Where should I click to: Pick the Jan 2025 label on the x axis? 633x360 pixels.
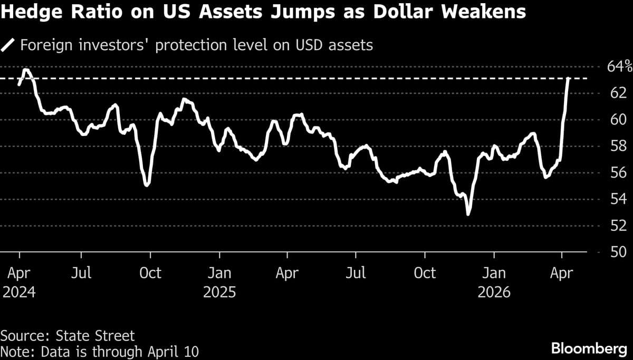click(219, 282)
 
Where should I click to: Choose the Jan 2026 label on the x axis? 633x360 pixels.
click(494, 282)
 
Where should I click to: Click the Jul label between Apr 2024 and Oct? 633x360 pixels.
click(81, 273)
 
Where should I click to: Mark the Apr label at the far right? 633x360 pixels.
click(562, 273)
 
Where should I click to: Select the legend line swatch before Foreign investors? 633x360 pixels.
click(8, 45)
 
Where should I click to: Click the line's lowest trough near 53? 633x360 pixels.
click(468, 214)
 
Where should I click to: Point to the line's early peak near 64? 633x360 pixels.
click(25, 70)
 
